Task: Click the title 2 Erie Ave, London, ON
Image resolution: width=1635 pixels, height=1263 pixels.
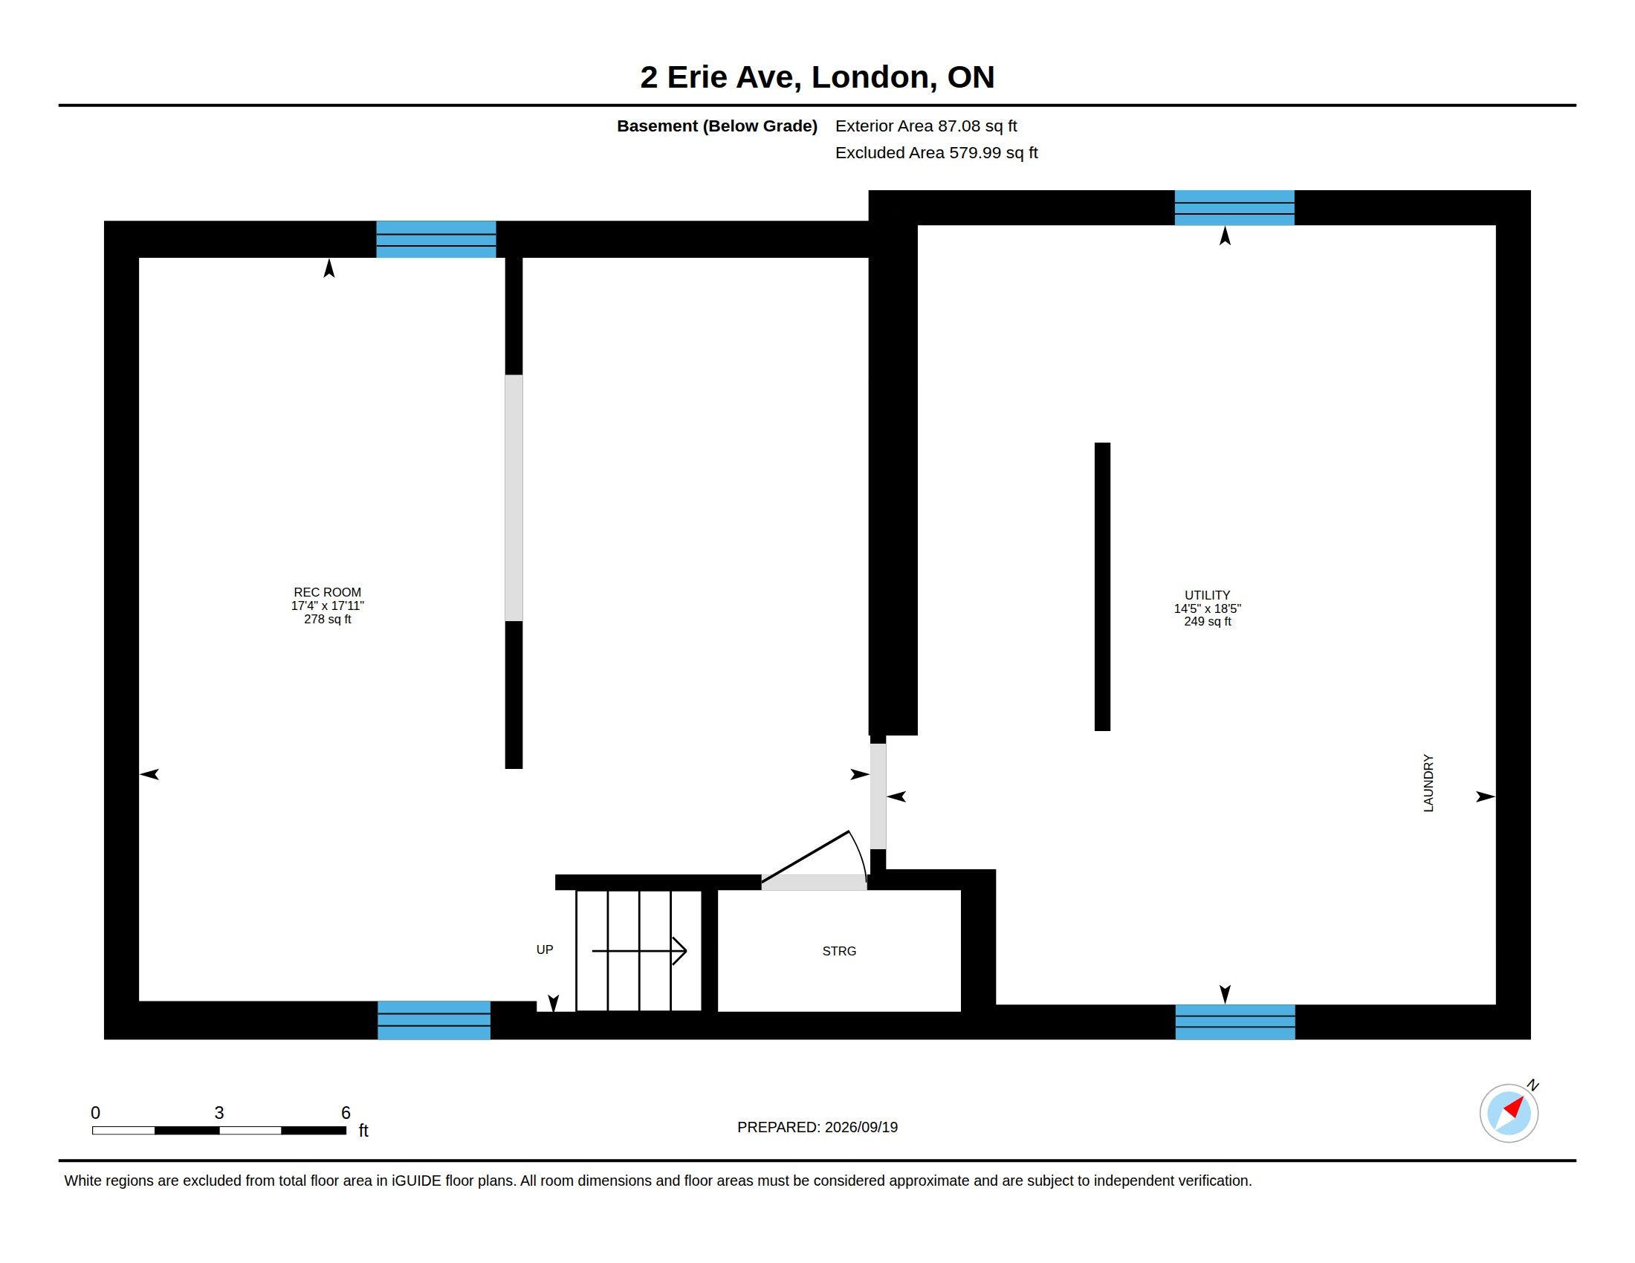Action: click(x=817, y=77)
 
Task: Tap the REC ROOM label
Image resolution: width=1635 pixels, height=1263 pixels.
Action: click(x=327, y=592)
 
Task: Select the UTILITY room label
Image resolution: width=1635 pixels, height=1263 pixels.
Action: click(x=1207, y=595)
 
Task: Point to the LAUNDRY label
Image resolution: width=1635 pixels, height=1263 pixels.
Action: click(x=1428, y=782)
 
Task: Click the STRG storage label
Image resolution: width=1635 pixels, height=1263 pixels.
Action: click(x=839, y=951)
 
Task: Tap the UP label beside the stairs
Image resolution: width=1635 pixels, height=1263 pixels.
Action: click(x=544, y=949)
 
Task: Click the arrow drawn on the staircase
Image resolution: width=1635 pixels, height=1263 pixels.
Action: click(x=639, y=951)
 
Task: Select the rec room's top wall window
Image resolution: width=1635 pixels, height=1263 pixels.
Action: click(x=436, y=239)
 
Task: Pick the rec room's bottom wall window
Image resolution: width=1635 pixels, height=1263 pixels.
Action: click(x=433, y=1020)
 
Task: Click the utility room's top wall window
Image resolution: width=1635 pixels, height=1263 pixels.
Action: click(x=1234, y=207)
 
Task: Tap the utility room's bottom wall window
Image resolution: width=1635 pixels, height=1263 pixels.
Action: click(x=1234, y=1022)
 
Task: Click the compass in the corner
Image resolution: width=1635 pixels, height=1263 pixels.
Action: click(x=1509, y=1113)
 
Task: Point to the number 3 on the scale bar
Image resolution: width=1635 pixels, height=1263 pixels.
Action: click(x=219, y=1113)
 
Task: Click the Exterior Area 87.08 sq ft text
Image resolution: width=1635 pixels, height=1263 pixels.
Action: click(x=926, y=126)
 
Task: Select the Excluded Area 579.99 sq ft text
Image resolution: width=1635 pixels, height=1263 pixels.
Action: click(x=936, y=152)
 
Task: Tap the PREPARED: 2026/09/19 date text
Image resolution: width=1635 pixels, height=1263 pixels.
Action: click(x=817, y=1127)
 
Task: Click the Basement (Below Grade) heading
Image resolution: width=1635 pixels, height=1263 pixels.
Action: click(x=717, y=126)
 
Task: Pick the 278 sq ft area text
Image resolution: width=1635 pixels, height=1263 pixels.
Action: click(x=327, y=620)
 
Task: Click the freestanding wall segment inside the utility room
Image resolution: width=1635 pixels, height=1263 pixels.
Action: click(x=1102, y=587)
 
